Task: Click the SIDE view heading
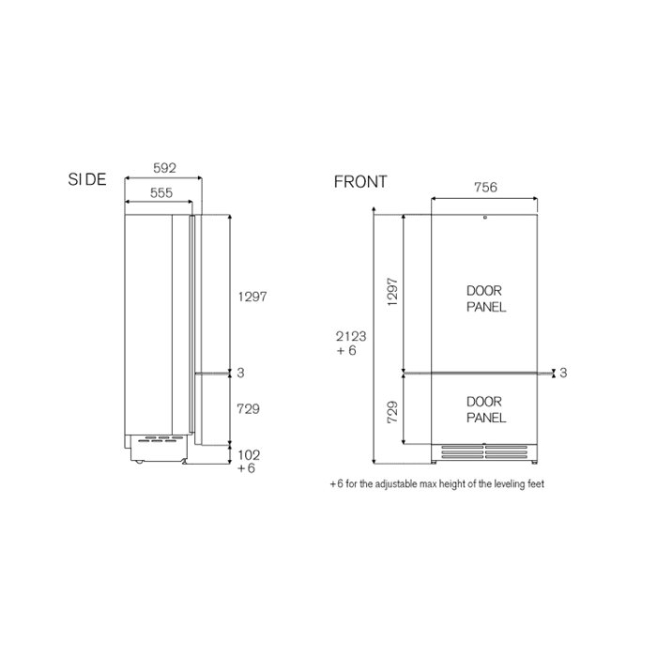point(87,179)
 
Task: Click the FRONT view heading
point(360,182)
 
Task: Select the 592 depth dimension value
point(164,168)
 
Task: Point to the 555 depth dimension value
point(161,192)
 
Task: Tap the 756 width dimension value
point(485,187)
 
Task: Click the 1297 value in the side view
point(252,297)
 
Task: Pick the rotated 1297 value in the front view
point(392,292)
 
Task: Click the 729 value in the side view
point(248,408)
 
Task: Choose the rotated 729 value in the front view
point(392,412)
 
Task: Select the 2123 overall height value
point(351,336)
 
